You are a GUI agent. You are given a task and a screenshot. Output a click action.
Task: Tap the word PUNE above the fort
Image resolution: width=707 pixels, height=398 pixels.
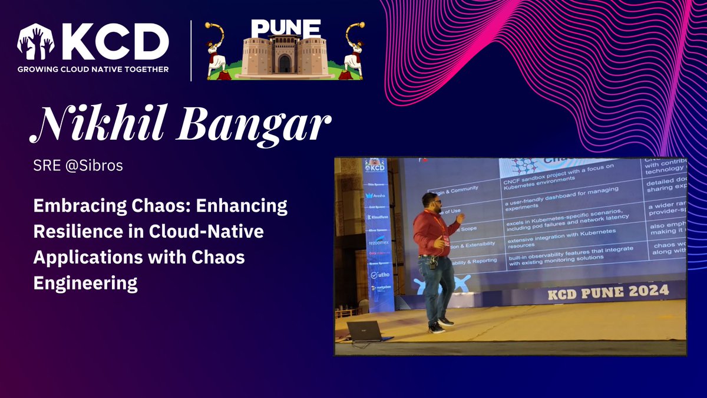click(x=285, y=28)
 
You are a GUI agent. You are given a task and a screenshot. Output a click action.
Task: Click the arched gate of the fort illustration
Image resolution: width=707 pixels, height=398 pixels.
click(x=285, y=63)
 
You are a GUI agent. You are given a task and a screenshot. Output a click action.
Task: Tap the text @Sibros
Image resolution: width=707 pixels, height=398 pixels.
click(x=104, y=166)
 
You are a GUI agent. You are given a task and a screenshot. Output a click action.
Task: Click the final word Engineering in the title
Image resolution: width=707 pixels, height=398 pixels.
click(x=85, y=283)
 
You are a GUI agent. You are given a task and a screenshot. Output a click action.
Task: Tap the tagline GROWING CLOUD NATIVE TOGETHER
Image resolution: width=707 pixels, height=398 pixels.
click(x=93, y=69)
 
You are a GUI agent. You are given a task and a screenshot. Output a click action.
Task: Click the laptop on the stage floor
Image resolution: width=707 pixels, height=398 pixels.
click(x=367, y=331)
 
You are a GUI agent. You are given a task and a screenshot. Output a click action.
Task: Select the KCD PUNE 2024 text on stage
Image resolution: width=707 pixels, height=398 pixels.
click(x=608, y=291)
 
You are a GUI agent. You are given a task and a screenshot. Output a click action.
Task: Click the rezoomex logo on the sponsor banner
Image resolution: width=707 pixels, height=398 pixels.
click(x=378, y=242)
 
